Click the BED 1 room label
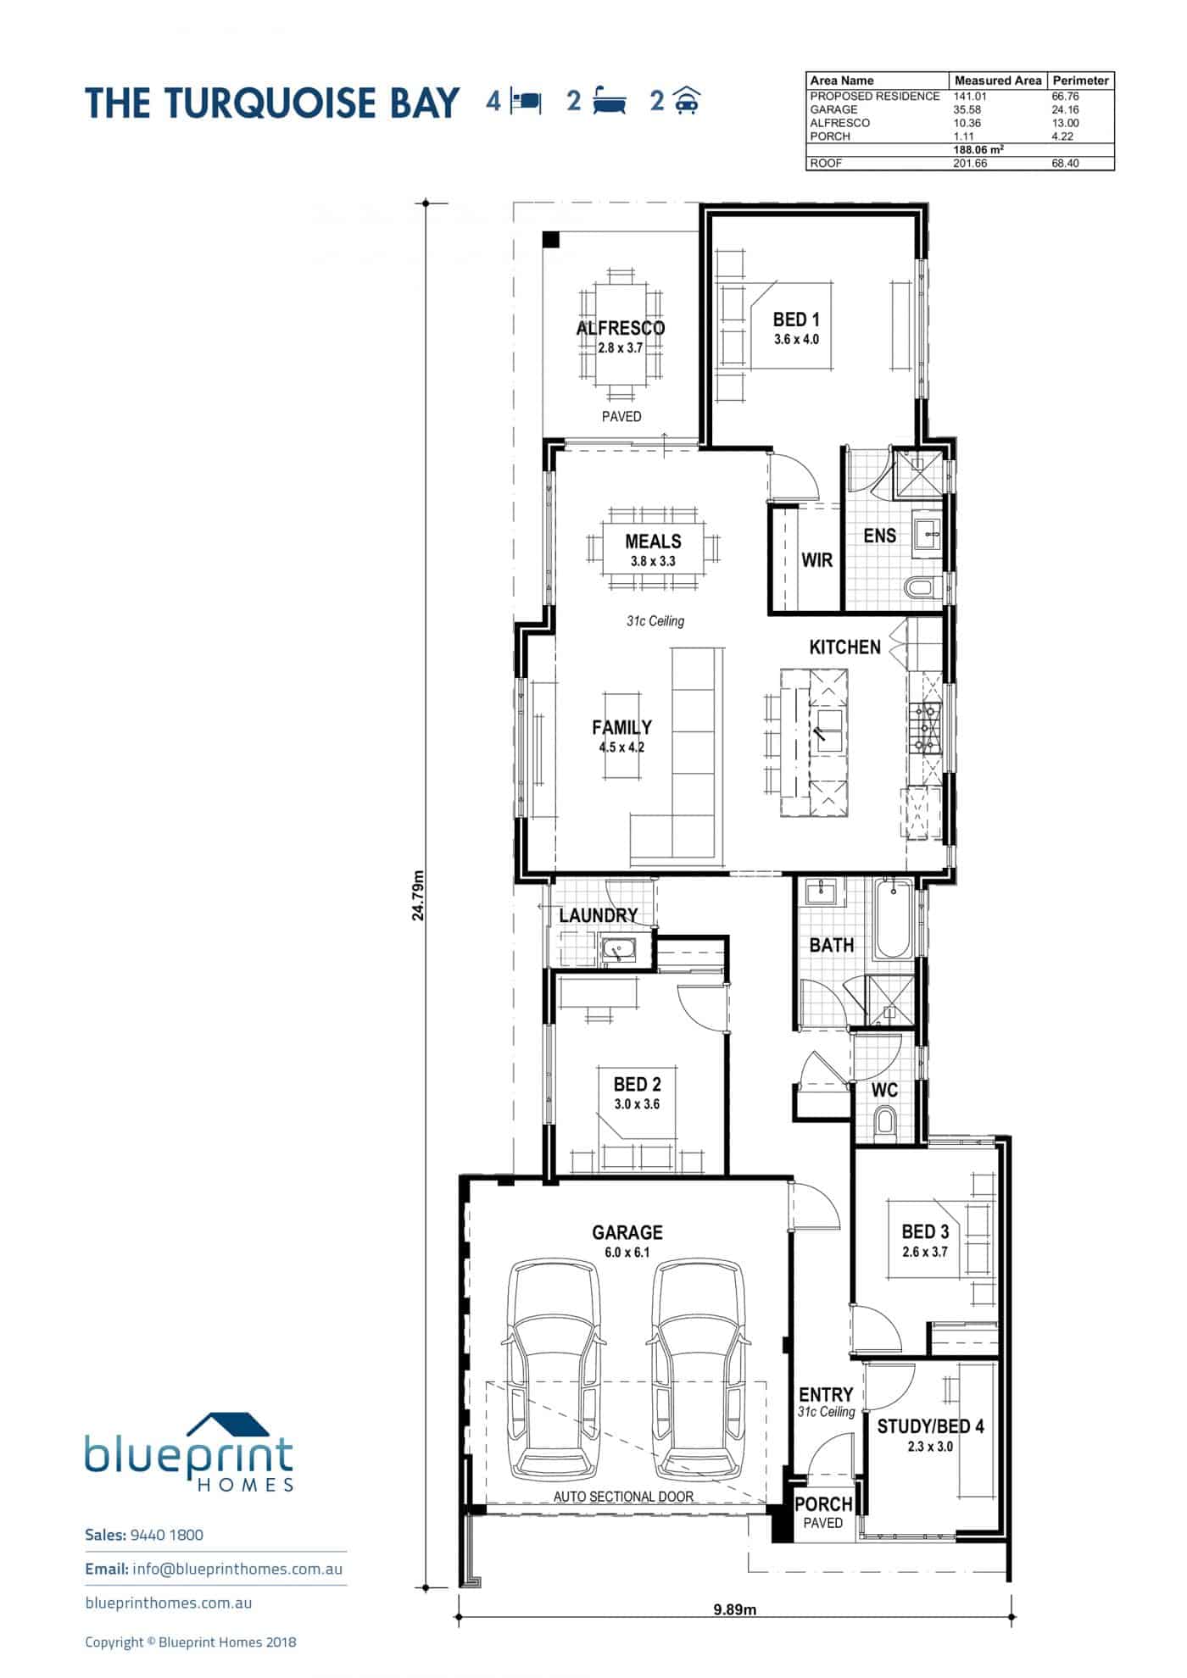[x=795, y=319]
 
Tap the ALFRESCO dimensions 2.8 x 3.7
[x=621, y=347]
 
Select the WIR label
[x=816, y=560]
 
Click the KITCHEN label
[x=844, y=647]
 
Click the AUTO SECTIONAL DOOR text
[x=623, y=1497]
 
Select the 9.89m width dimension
[x=734, y=1609]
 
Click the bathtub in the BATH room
[x=893, y=920]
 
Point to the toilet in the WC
[x=885, y=1122]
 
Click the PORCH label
[x=822, y=1504]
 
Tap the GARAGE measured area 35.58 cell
[x=967, y=109]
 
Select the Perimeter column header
[x=1080, y=81]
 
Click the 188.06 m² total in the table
[x=978, y=150]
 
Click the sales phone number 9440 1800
[x=168, y=1535]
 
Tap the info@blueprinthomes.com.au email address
[x=237, y=1569]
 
